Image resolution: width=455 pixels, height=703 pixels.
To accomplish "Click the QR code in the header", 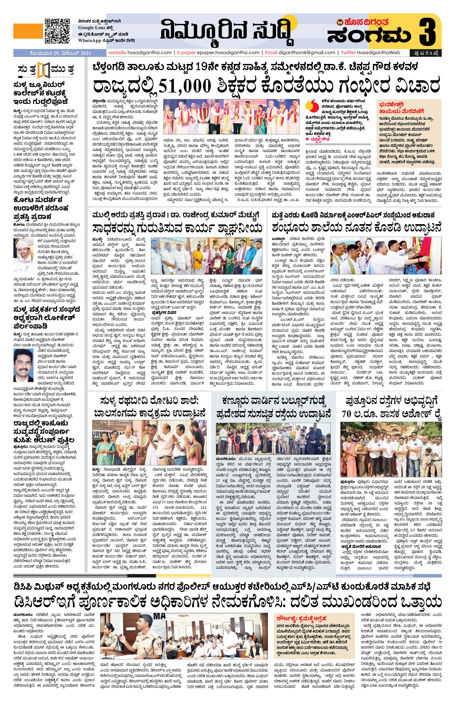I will click(57, 31).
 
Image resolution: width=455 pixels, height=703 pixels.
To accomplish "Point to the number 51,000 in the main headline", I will click(185, 86).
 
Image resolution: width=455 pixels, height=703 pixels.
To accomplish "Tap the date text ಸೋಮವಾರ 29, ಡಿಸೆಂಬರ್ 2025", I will click(60, 53).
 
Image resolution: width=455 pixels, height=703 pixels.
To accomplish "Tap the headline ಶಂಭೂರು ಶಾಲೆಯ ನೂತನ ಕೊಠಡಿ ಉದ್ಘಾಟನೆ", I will click(356, 228).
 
